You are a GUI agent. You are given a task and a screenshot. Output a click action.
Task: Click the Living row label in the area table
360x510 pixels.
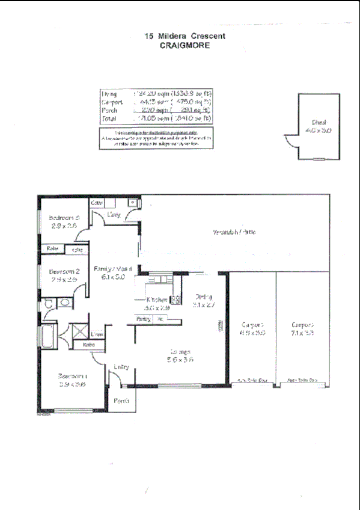point(109,94)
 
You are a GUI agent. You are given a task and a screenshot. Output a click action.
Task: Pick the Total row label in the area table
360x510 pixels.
point(109,118)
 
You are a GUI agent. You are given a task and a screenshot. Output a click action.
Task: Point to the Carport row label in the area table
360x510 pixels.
point(111,102)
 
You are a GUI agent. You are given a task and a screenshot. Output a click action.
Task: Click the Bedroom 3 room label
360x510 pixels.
point(64,218)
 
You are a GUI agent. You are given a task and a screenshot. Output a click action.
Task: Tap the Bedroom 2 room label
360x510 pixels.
point(64,271)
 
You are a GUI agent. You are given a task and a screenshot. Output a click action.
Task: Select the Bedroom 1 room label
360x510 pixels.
point(73,376)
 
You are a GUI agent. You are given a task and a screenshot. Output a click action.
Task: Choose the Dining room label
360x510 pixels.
point(203,296)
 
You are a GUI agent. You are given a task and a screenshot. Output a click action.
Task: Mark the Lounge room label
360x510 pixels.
point(180,351)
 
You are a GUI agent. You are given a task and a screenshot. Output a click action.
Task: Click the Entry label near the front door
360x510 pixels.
point(121,366)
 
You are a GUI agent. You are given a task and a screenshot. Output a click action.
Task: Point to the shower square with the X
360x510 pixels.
point(78,331)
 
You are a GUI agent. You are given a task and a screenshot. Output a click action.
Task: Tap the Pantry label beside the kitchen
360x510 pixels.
point(143,318)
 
